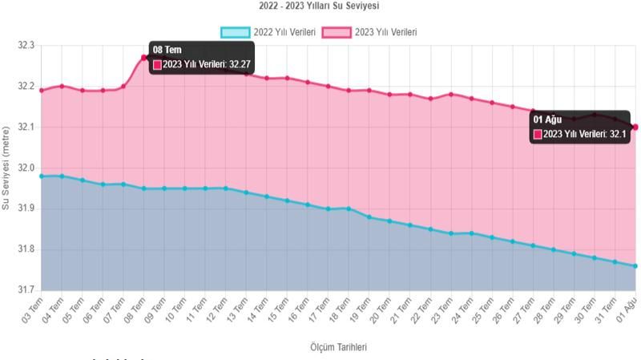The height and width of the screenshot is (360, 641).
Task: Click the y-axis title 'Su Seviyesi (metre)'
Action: click(7, 168)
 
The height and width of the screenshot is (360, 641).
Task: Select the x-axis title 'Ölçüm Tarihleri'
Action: click(338, 347)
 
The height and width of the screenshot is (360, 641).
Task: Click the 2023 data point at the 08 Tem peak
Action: click(144, 58)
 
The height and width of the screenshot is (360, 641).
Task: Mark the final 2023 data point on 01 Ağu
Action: click(635, 127)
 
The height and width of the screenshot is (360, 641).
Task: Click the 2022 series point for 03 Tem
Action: click(42, 176)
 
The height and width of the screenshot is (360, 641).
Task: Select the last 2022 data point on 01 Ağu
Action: click(635, 266)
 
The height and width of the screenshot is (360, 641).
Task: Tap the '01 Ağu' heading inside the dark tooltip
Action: click(547, 119)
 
